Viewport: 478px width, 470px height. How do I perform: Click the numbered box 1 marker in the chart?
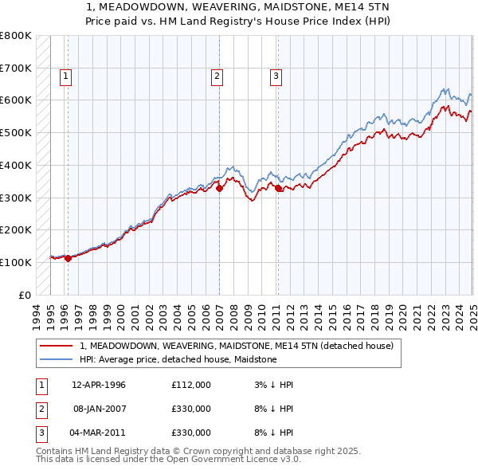tap(65, 76)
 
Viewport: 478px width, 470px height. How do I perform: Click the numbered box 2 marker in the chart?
tap(217, 76)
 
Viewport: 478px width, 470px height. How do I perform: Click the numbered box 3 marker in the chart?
tap(276, 76)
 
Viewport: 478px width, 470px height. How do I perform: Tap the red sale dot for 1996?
tap(68, 258)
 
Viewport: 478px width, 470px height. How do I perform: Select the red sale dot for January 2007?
tap(220, 188)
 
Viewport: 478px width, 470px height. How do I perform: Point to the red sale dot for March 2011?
tap(278, 188)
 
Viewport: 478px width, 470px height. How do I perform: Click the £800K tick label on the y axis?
tap(15, 36)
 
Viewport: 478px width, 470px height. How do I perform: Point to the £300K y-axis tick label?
tap(15, 198)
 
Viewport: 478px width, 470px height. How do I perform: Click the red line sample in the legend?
tap(56, 346)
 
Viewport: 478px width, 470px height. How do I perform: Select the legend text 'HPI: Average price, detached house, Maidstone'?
tap(178, 359)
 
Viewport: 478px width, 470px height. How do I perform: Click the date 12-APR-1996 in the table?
tap(99, 385)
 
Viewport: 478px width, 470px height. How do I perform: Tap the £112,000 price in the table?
tap(190, 385)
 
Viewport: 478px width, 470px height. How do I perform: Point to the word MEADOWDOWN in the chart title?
tap(140, 7)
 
